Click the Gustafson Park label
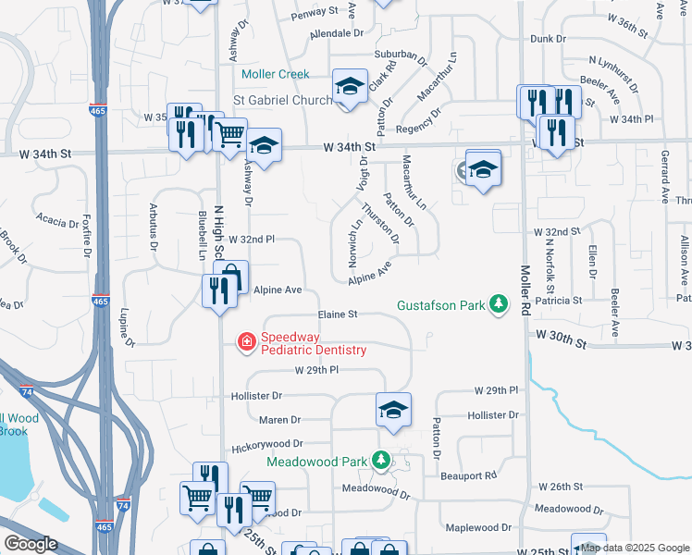(440, 305)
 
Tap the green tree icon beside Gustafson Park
(499, 304)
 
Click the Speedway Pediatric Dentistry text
(314, 343)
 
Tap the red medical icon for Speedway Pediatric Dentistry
(247, 343)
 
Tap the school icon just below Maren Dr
(393, 410)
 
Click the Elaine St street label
(338, 314)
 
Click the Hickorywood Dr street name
(267, 444)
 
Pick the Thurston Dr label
(380, 224)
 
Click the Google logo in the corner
(30, 543)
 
